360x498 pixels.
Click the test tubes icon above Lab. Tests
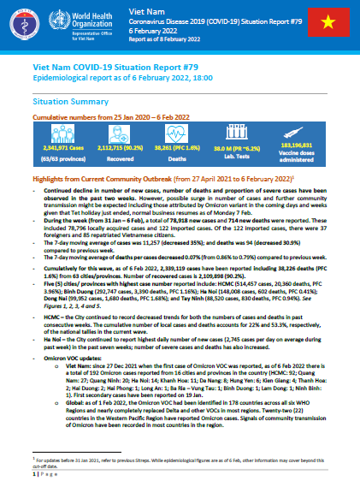click(242, 131)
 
